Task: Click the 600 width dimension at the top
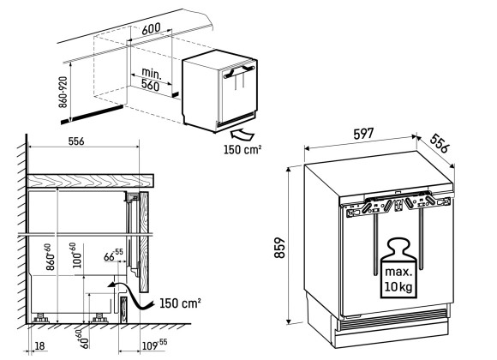[x=151, y=28]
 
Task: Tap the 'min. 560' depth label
[x=151, y=80]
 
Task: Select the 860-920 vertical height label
[x=63, y=92]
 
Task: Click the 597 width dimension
[x=363, y=135]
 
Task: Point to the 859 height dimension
[x=280, y=248]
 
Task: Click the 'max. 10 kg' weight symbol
[x=398, y=268]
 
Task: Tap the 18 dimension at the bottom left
[x=39, y=345]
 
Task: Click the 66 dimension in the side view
[x=113, y=255]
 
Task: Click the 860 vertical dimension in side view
[x=49, y=257]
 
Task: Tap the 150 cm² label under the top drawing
[x=243, y=149]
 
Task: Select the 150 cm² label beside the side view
[x=180, y=303]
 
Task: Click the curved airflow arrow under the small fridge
[x=243, y=135]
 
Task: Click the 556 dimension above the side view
[x=76, y=141]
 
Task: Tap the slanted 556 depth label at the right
[x=440, y=143]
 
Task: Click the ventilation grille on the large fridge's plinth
[x=392, y=318]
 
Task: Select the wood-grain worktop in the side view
[x=90, y=181]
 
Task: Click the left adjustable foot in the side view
[x=40, y=318]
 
